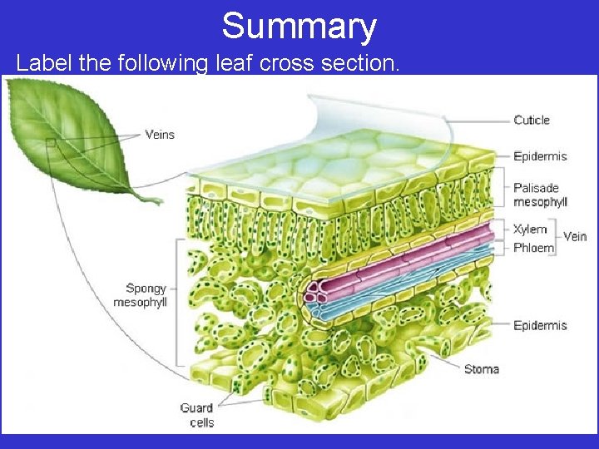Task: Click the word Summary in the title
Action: click(x=299, y=27)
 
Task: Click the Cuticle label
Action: click(x=532, y=121)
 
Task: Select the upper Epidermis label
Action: click(x=540, y=156)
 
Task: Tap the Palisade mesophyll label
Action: click(x=540, y=195)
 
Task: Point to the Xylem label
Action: click(x=530, y=229)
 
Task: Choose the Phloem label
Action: click(x=533, y=248)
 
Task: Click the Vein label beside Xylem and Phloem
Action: click(x=575, y=237)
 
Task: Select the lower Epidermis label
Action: click(x=540, y=325)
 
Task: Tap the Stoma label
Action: click(x=482, y=369)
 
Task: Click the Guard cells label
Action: click(x=197, y=415)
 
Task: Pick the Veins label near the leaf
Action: click(x=160, y=134)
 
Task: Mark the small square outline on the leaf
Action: click(x=51, y=143)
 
